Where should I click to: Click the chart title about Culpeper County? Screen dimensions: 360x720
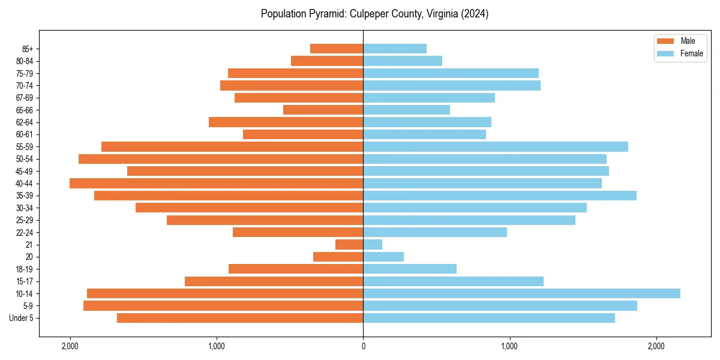click(x=374, y=14)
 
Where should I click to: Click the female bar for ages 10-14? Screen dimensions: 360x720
click(x=521, y=293)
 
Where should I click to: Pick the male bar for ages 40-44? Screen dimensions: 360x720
click(x=216, y=183)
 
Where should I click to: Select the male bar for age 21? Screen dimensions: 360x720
click(x=349, y=244)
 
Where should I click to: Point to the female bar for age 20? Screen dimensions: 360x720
click(x=383, y=257)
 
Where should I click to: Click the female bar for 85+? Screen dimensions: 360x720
click(x=395, y=49)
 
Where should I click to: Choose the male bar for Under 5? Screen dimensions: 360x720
click(x=240, y=318)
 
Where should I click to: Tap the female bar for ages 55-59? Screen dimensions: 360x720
click(x=496, y=146)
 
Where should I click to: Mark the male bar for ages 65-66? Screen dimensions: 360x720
click(x=323, y=110)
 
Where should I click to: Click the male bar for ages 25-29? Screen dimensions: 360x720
click(x=265, y=220)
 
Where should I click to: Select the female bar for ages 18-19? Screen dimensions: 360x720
click(x=410, y=269)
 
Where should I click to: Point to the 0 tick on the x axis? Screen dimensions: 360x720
click(x=363, y=346)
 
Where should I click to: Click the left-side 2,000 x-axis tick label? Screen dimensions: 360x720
click(x=70, y=346)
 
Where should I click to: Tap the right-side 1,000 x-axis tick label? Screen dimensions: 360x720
click(x=509, y=346)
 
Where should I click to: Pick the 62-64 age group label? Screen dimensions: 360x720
click(x=25, y=122)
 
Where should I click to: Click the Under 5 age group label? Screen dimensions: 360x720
click(x=22, y=318)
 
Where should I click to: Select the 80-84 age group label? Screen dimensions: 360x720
click(x=25, y=61)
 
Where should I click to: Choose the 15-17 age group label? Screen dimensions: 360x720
click(x=25, y=281)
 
